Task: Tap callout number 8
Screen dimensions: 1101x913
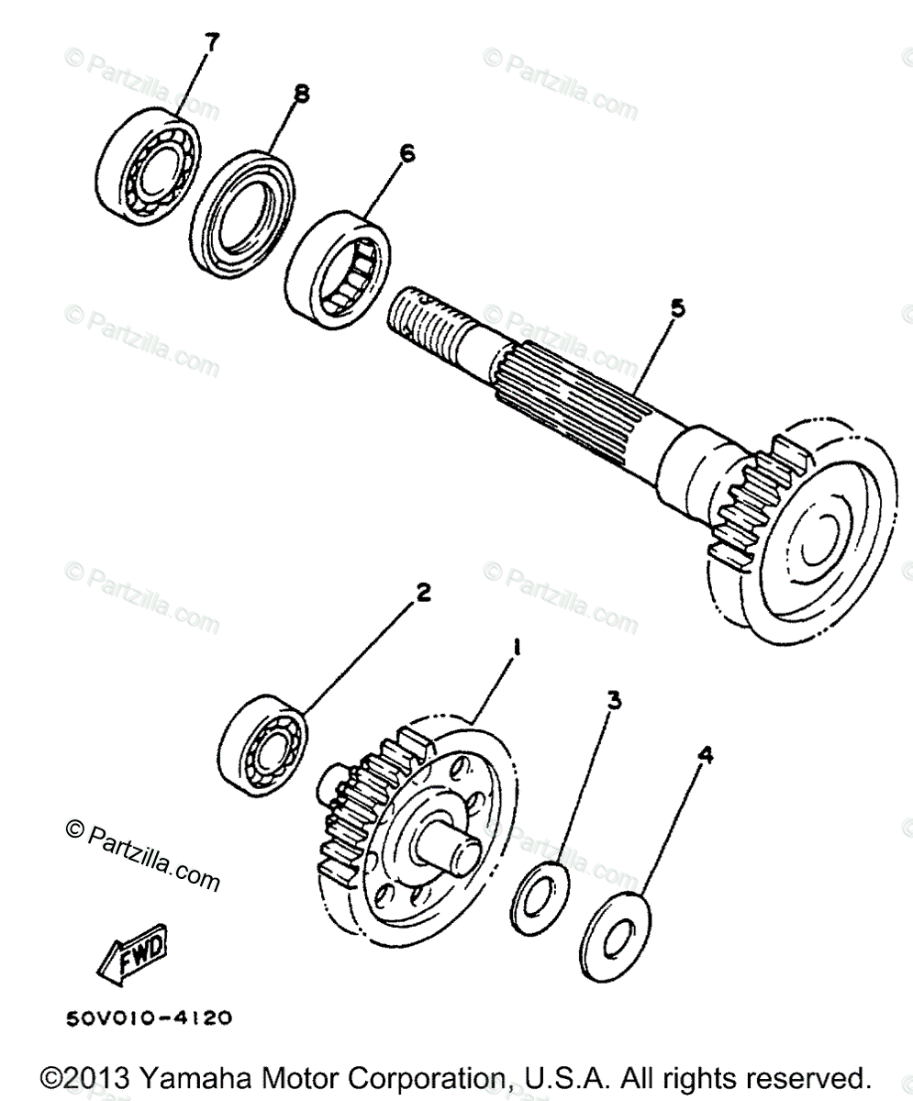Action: point(301,93)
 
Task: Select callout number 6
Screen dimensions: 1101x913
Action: point(406,153)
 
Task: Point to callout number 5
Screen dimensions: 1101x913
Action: point(676,309)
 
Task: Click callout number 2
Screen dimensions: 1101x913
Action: point(423,594)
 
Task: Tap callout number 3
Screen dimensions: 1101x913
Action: point(614,701)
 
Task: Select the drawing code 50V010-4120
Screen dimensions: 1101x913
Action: point(148,1018)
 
